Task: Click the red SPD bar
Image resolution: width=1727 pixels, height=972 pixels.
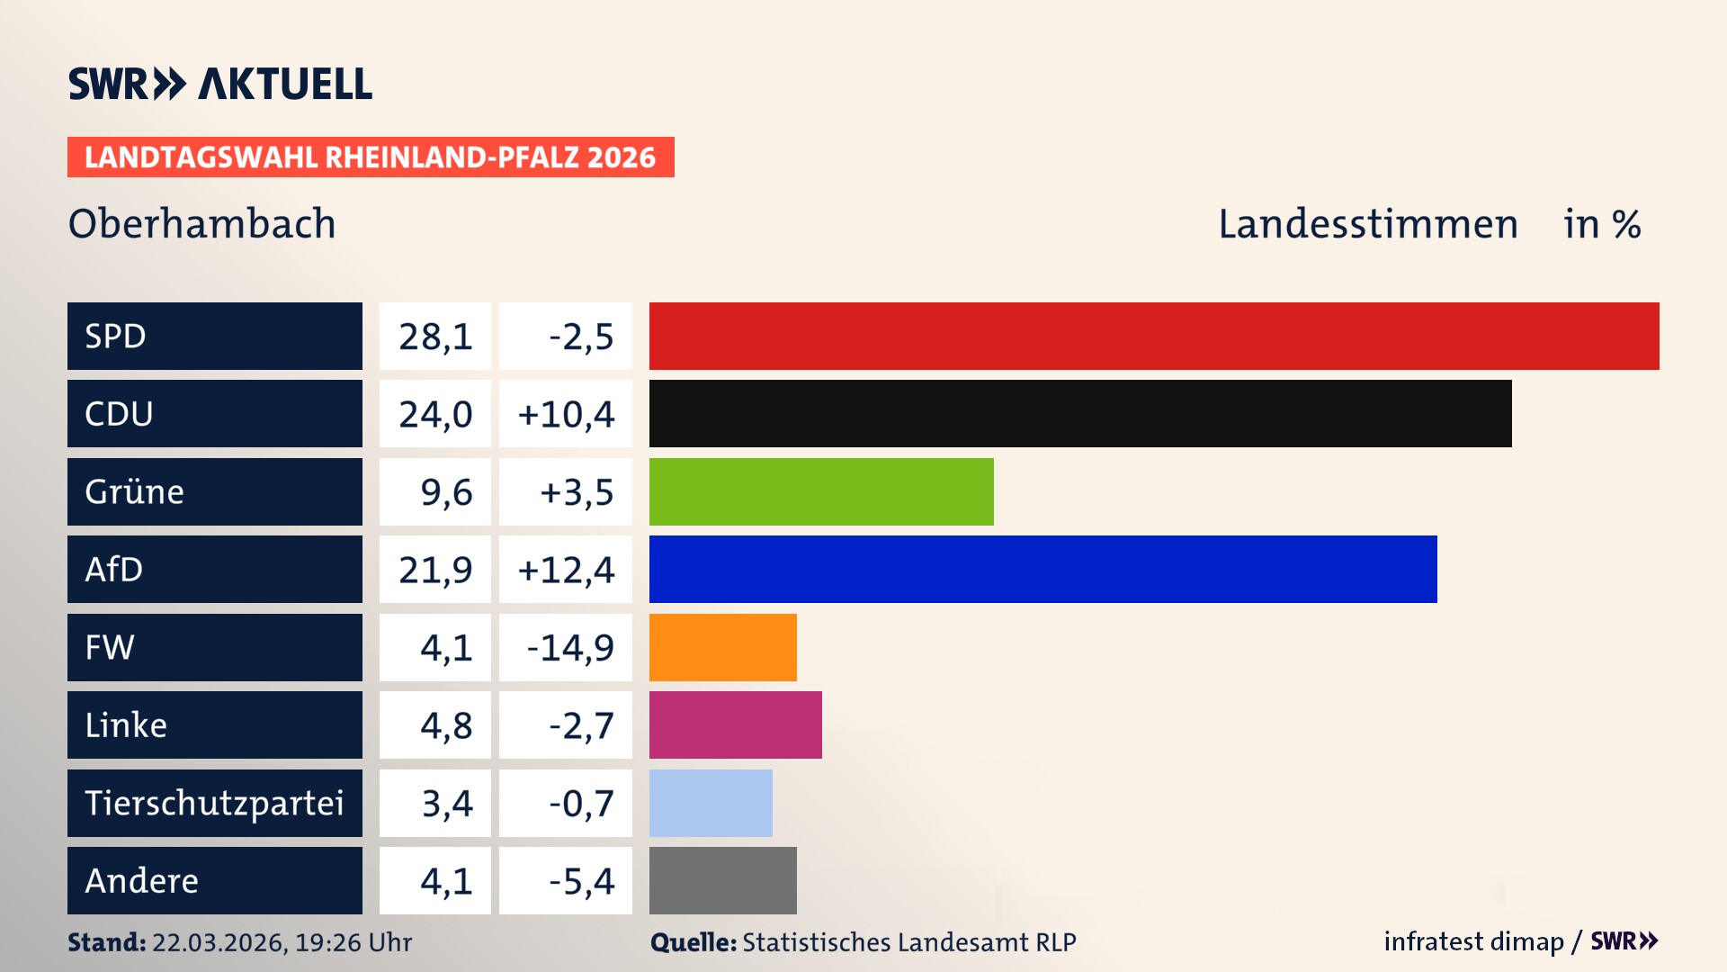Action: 1154,336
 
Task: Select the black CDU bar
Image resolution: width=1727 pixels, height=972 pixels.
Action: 1079,413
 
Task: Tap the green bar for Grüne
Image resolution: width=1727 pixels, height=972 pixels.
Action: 821,491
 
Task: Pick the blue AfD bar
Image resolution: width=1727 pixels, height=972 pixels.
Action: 1042,569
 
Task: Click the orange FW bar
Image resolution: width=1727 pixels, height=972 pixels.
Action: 722,647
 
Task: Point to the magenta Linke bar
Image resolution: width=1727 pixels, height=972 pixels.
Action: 735,724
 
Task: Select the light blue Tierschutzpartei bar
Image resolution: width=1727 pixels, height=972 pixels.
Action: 711,803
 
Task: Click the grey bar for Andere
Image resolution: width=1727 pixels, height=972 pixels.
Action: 722,880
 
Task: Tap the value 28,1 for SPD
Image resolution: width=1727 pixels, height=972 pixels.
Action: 435,337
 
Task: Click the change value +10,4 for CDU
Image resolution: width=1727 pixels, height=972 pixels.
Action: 566,414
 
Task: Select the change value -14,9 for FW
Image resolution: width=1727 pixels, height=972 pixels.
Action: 569,647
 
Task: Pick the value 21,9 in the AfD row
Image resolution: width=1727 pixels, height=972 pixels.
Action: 435,570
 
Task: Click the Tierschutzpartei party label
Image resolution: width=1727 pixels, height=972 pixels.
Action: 214,803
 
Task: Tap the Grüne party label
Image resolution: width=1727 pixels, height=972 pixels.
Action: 135,491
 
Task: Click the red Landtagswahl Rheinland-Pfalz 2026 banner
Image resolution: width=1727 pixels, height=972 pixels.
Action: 370,157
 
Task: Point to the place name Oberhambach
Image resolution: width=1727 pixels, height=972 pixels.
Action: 201,223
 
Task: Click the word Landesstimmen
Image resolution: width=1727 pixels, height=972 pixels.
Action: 1367,223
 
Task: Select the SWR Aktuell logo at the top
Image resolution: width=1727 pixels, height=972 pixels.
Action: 219,84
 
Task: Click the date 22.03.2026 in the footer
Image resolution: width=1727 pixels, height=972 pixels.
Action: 219,942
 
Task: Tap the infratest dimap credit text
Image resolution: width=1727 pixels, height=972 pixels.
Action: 1472,941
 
